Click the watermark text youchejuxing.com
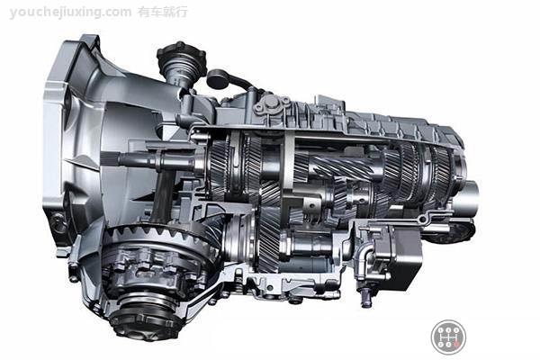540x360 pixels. [70, 13]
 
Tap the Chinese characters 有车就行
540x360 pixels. [163, 12]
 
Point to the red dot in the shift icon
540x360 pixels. [456, 344]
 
